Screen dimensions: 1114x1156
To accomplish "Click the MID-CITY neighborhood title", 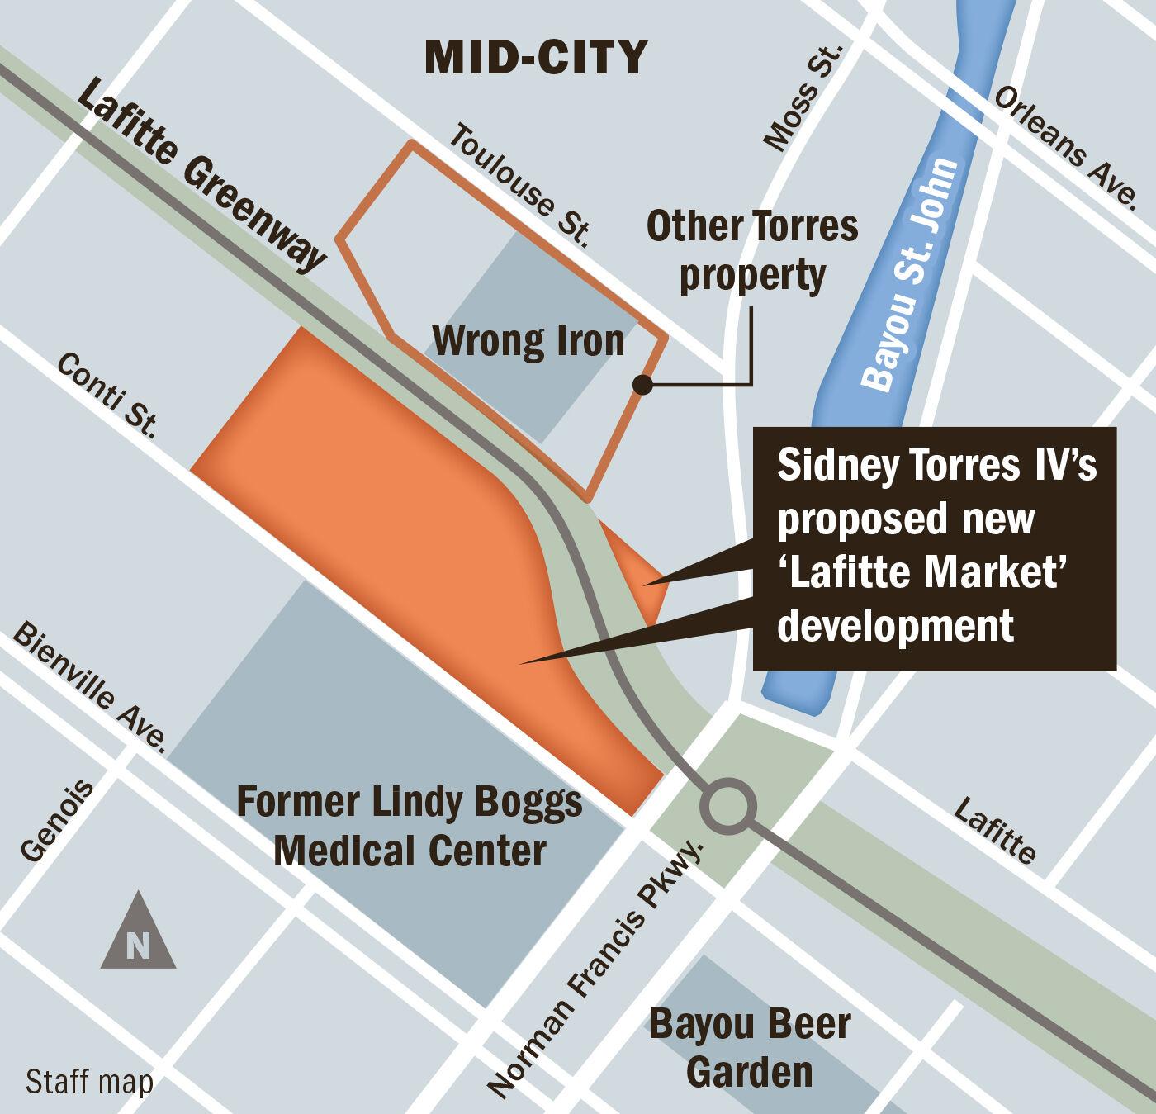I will [x=536, y=57].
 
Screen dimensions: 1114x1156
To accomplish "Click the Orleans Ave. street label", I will [x=1066, y=145].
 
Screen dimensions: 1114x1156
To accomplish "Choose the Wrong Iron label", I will [x=528, y=340].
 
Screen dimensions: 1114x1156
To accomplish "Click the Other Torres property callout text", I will [x=752, y=251].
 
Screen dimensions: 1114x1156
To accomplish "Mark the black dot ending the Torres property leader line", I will [x=642, y=384].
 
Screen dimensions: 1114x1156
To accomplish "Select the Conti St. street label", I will [x=107, y=395].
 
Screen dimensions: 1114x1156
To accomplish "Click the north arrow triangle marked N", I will [x=138, y=934].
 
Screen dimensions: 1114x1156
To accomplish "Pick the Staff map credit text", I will [x=89, y=1082].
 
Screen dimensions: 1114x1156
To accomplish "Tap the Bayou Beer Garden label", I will [x=749, y=1048].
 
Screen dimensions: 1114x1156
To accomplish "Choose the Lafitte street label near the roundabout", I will [x=995, y=829].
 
